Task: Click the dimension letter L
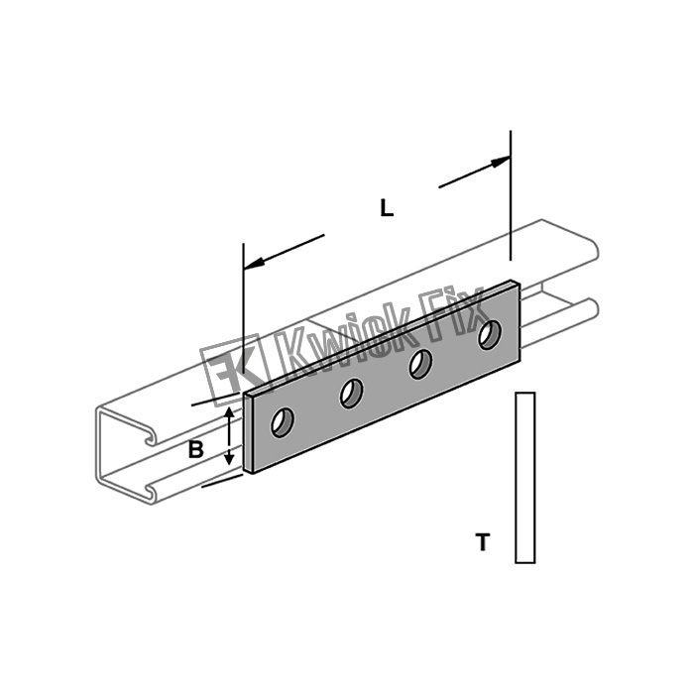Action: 387,208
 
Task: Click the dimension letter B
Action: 196,450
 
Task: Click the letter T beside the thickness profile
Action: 483,542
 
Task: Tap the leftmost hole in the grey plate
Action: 283,422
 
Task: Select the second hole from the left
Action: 351,394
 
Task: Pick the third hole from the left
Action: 420,364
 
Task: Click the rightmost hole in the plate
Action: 490,335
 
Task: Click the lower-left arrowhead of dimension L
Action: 254,264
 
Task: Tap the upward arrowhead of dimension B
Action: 229,413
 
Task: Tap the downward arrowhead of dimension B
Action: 229,458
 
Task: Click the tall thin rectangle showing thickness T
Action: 525,478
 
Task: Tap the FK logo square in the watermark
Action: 235,370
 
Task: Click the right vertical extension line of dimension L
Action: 511,195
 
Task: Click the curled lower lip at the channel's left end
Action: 152,492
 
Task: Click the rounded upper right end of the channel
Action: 593,250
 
